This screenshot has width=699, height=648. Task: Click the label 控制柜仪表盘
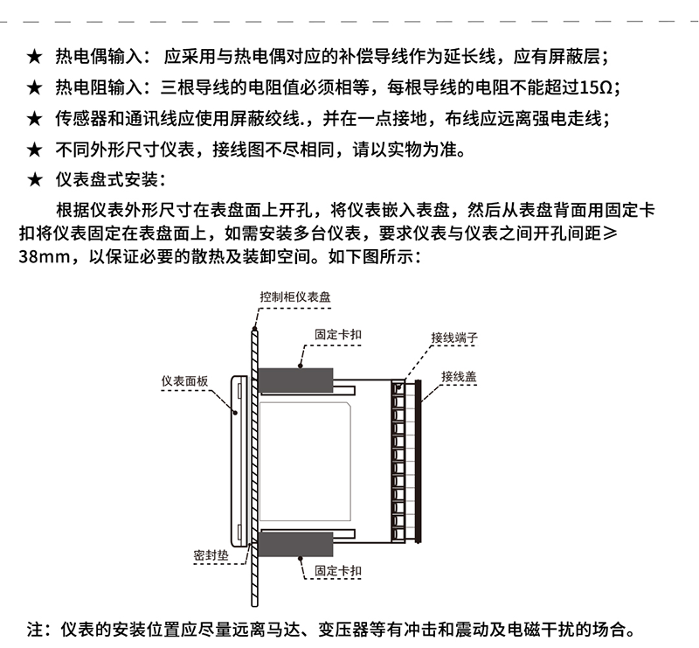(295, 296)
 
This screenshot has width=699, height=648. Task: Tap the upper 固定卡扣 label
(338, 334)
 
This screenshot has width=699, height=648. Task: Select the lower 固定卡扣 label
(338, 571)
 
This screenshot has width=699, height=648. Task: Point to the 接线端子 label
(454, 338)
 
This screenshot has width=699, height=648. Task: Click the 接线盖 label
(459, 376)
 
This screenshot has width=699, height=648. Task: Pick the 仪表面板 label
(184, 381)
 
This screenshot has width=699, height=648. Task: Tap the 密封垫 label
(211, 555)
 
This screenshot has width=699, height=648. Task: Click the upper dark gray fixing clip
(295, 380)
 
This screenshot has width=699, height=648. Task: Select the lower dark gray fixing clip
(295, 544)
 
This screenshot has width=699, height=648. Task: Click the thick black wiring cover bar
(419, 462)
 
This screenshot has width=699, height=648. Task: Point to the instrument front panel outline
(232, 462)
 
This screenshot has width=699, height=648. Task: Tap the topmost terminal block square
(398, 387)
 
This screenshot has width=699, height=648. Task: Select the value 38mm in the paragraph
(44, 257)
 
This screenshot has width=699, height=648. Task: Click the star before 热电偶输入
(34, 57)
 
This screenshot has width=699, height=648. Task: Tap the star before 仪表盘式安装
(34, 180)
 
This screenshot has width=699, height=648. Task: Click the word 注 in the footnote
(35, 630)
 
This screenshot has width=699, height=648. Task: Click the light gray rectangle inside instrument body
(305, 462)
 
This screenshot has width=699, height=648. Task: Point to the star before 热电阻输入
(34, 88)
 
